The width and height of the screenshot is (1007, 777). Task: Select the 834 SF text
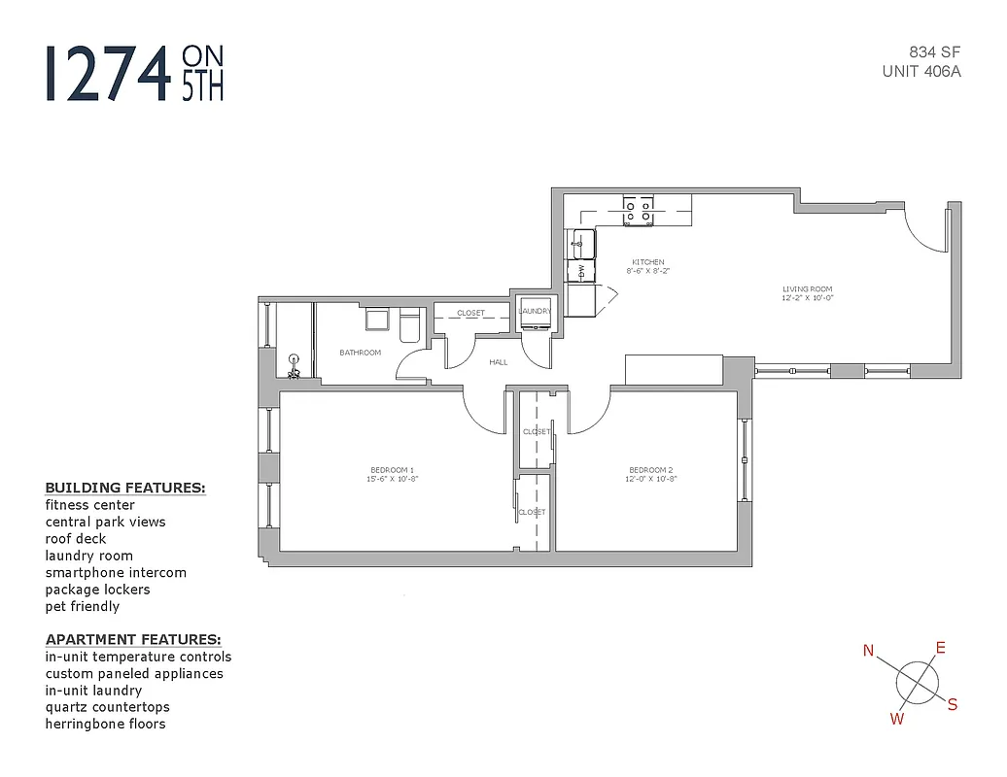[934, 52]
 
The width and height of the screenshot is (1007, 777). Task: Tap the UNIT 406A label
[921, 71]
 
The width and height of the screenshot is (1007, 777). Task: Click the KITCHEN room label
[648, 262]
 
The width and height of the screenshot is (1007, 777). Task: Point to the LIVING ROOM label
[808, 289]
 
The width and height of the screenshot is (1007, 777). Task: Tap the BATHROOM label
[360, 353]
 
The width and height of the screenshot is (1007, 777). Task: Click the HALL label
[498, 362]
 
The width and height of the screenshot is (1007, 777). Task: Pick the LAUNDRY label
[535, 311]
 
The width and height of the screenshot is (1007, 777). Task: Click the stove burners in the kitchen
[639, 206]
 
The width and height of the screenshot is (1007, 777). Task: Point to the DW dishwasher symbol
[581, 269]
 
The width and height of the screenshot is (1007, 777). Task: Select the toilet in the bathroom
[408, 325]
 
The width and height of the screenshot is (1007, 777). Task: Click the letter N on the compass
[869, 651]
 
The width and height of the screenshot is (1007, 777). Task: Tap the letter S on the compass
[953, 704]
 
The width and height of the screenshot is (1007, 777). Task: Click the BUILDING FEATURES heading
[125, 488]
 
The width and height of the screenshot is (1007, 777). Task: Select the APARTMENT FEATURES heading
[133, 639]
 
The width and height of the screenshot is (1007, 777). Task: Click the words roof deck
[76, 539]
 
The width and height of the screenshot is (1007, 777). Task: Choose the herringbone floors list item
[105, 724]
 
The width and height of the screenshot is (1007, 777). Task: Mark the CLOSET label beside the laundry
[470, 313]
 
